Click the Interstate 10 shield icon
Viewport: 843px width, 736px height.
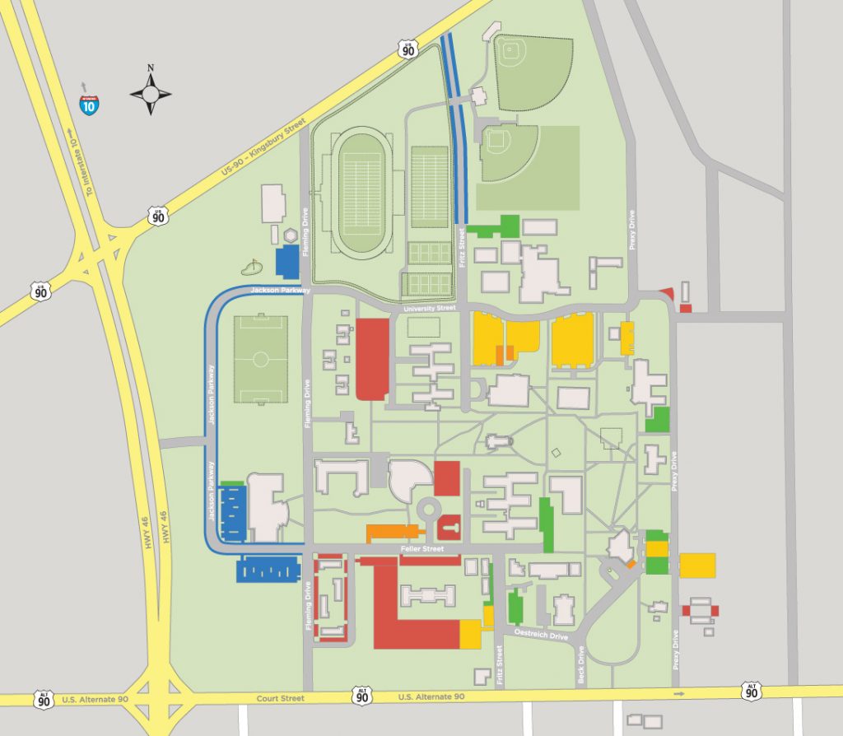87,104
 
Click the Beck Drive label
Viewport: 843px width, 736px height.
581,666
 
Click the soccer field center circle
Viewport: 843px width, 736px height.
261,359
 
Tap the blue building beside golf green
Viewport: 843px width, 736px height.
287,260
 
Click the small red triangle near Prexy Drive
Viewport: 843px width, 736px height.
668,295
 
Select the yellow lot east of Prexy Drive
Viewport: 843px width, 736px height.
697,566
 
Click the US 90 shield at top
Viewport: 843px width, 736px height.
408,49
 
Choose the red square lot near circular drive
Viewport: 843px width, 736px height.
447,478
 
